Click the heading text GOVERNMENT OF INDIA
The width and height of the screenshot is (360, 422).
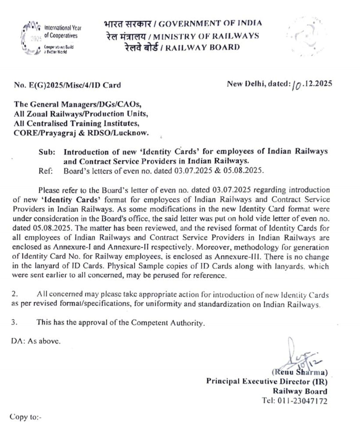tap(210, 23)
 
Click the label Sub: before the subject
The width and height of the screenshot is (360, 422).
tap(47, 152)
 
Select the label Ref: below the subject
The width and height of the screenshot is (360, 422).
tap(46, 171)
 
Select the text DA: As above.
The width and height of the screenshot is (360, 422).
tap(36, 341)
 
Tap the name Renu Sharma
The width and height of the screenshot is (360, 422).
tap(299, 373)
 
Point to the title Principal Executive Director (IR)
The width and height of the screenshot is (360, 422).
tap(266, 381)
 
